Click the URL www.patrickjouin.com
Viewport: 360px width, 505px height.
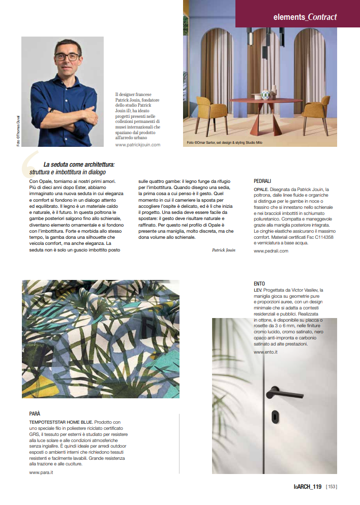tap(138, 145)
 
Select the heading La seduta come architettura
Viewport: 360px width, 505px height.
tap(79, 165)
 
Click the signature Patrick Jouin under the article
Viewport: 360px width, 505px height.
tap(223, 250)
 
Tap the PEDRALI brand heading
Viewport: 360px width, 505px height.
tap(262, 181)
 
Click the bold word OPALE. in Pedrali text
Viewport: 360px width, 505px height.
tap(261, 189)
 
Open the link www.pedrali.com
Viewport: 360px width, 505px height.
tap(271, 250)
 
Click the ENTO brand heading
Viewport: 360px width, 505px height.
tap(259, 283)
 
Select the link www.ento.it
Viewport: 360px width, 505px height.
tap(265, 352)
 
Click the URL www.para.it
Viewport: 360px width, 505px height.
tap(41, 472)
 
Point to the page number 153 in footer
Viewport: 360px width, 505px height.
tap(332, 486)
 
